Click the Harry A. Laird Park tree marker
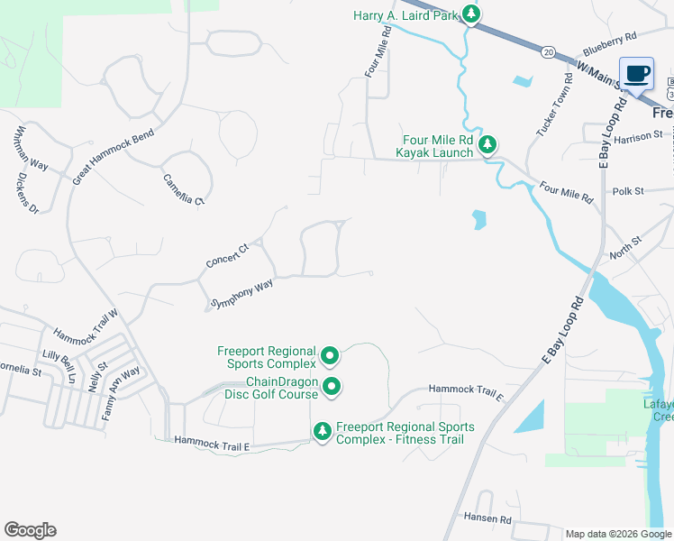470,14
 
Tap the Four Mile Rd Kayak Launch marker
487,144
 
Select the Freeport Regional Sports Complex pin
330,356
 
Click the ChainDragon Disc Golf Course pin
332,388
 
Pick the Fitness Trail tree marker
323,432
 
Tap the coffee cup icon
637,73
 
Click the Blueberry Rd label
609,42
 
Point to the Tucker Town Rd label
555,104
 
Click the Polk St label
628,191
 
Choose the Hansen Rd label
487,519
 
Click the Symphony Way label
241,294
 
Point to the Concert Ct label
227,255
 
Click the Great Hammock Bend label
114,157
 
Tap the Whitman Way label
30,147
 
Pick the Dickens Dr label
28,193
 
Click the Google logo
30,530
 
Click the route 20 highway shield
549,52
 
